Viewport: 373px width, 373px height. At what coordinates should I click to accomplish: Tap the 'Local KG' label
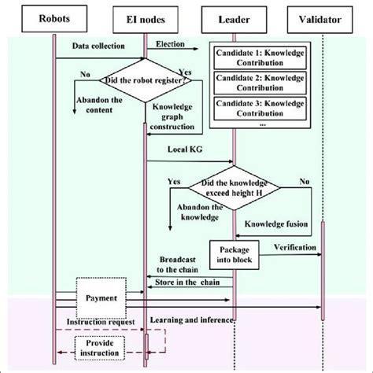coord(180,148)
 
